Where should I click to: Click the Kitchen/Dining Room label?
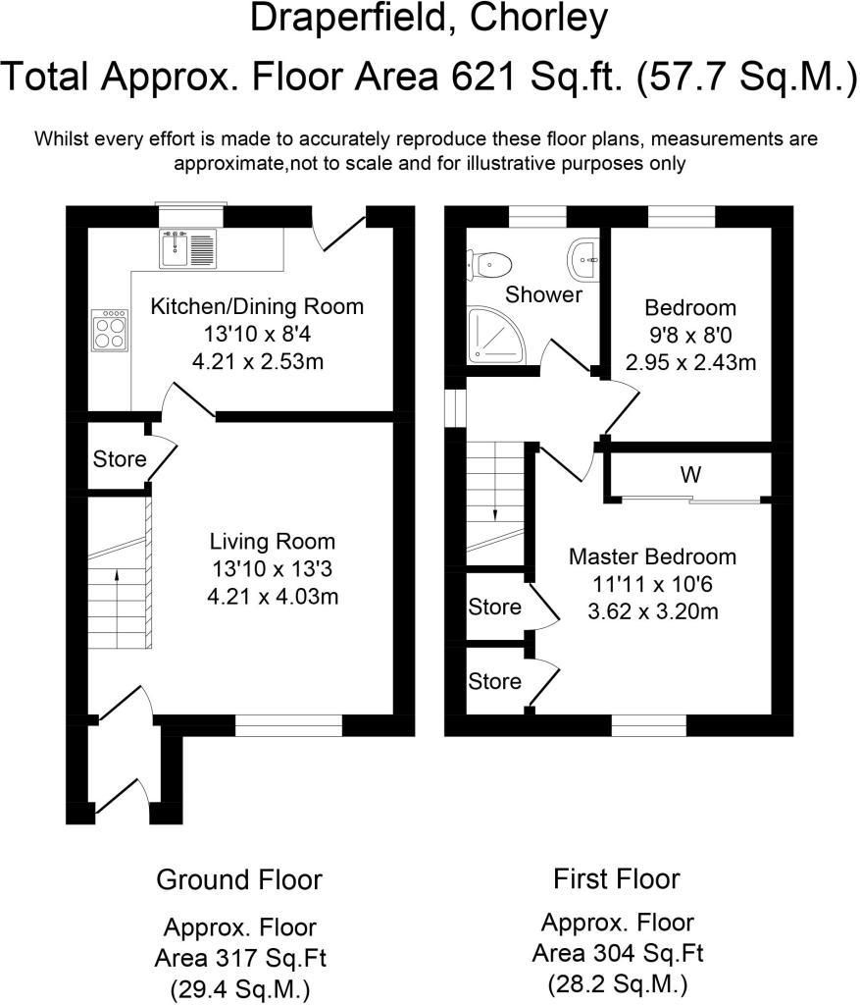pyautogui.click(x=256, y=306)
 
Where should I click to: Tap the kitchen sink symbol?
pyautogui.click(x=187, y=249)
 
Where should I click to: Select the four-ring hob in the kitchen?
pyautogui.click(x=108, y=331)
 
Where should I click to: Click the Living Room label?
pyautogui.click(x=272, y=541)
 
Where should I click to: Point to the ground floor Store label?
pyautogui.click(x=120, y=458)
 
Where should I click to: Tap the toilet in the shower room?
pyautogui.click(x=489, y=262)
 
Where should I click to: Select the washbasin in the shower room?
pyautogui.click(x=585, y=258)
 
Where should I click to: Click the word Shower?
pyautogui.click(x=543, y=294)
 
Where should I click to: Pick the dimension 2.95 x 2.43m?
pyautogui.click(x=690, y=363)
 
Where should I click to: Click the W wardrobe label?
pyautogui.click(x=690, y=476)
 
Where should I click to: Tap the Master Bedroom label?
pyautogui.click(x=652, y=556)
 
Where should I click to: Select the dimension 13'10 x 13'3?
pyautogui.click(x=272, y=568)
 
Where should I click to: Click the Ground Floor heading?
pyautogui.click(x=238, y=878)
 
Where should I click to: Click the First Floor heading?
pyautogui.click(x=616, y=877)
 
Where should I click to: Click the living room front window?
pyautogui.click(x=288, y=725)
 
